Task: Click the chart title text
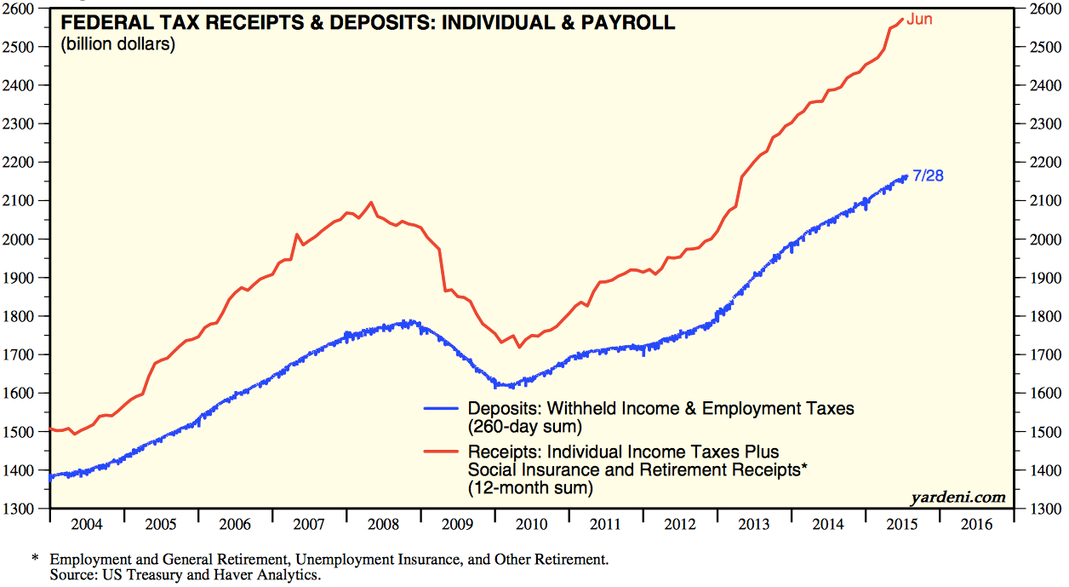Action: tap(368, 23)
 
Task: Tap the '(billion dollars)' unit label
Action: tap(117, 44)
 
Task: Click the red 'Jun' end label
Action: tap(919, 19)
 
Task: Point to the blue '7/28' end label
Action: tap(927, 176)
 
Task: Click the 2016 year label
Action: tap(975, 522)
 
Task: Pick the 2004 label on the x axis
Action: tap(88, 522)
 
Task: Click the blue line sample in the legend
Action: tap(443, 409)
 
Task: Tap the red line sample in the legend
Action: tap(443, 452)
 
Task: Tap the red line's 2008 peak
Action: tap(371, 203)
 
